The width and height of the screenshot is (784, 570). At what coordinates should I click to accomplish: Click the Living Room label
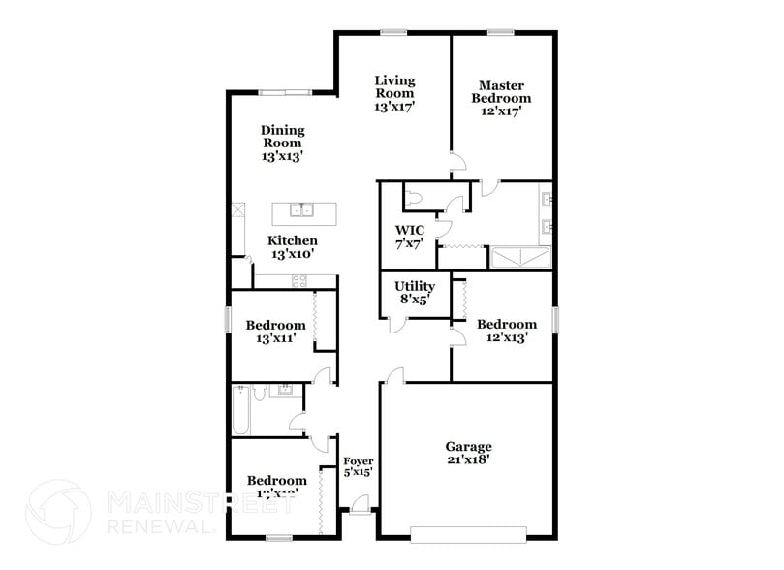394,93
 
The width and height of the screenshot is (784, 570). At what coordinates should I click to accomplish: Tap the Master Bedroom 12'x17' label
501,98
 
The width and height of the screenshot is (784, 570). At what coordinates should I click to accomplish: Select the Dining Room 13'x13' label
282,142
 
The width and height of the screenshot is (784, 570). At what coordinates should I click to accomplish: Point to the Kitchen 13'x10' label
293,246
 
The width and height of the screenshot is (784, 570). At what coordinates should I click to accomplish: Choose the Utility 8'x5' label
414,293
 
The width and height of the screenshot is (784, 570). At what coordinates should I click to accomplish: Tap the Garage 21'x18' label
468,453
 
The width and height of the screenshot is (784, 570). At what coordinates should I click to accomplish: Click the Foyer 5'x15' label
358,466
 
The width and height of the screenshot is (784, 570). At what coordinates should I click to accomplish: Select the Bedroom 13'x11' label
275,332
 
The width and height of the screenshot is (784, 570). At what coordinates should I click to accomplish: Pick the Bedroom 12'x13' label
506,331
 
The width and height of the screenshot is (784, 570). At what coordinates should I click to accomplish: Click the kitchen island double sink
304,209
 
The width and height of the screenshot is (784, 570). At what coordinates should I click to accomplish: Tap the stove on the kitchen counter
299,281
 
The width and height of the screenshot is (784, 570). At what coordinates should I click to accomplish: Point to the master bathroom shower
520,258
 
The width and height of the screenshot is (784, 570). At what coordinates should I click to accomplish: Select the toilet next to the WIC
415,198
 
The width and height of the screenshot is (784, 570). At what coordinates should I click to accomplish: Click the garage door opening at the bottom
468,532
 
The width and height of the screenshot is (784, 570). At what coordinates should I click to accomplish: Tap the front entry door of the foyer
360,503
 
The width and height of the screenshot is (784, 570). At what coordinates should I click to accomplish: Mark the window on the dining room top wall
285,93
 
